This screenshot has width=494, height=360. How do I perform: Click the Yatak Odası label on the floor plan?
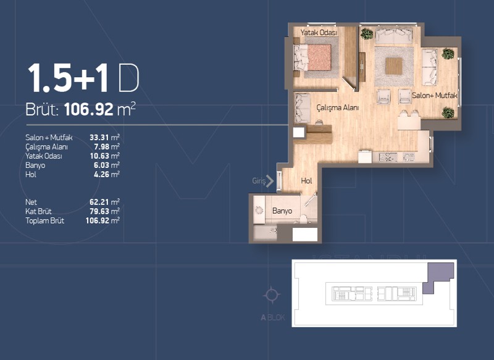coord(319,33)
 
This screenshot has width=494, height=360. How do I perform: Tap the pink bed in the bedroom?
coord(319,57)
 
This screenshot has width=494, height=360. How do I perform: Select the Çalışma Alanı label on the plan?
coord(337,107)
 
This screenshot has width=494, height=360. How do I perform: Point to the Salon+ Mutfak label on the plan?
coord(435,96)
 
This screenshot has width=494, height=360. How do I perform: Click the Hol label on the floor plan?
coord(306,181)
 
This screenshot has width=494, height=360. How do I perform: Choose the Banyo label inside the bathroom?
coord(282,211)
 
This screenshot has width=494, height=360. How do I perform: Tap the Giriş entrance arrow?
coord(270,181)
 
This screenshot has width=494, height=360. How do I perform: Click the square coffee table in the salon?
coord(394,66)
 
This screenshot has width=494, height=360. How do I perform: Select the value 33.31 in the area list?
coord(99,138)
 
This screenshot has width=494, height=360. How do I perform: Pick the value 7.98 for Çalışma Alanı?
coord(101,147)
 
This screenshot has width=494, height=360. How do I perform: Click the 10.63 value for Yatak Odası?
coord(99,156)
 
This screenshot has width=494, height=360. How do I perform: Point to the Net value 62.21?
coord(99,202)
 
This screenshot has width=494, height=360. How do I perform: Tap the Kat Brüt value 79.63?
coord(99,211)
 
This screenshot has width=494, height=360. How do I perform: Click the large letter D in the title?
coord(128,78)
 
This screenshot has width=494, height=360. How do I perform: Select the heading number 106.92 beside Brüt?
coord(88,110)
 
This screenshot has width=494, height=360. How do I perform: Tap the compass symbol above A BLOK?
coord(271,295)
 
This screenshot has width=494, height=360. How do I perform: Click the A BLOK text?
coord(273,317)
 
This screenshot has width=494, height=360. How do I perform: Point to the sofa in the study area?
coord(303,109)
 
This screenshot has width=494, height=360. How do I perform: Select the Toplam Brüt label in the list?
coord(44,221)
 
